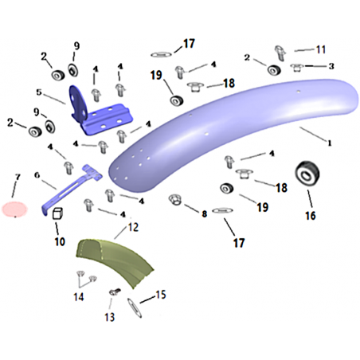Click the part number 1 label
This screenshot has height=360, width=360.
pyautogui.click(x=330, y=143)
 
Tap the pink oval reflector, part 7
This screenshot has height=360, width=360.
pyautogui.click(x=14, y=209)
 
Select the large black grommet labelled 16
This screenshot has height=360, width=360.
pyautogui.click(x=307, y=174)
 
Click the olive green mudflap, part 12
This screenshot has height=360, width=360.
pyautogui.click(x=114, y=261)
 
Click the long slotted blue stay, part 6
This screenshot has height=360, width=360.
pyautogui.click(x=72, y=189)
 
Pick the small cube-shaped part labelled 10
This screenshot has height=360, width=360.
pyautogui.click(x=57, y=213)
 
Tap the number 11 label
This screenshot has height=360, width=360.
pyautogui.click(x=321, y=49)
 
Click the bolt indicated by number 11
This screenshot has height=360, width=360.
pyautogui.click(x=280, y=53)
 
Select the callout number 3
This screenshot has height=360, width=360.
pyautogui.click(x=331, y=66)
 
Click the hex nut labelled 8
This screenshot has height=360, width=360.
pyautogui.click(x=175, y=200)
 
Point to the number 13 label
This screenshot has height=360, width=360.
pyautogui.click(x=109, y=317)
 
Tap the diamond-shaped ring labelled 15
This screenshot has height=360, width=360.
pyautogui.click(x=135, y=307)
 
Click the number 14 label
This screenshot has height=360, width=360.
pyautogui.click(x=79, y=297)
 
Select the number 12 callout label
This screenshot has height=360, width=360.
pyautogui.click(x=133, y=227)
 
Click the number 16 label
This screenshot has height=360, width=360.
pyautogui.click(x=311, y=216)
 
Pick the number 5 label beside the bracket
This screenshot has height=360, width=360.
pyautogui.click(x=39, y=92)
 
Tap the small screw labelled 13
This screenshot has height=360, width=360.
pyautogui.click(x=115, y=292)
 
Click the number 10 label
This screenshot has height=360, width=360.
pyautogui.click(x=60, y=241)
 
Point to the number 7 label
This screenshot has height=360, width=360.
pyautogui.click(x=18, y=177)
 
